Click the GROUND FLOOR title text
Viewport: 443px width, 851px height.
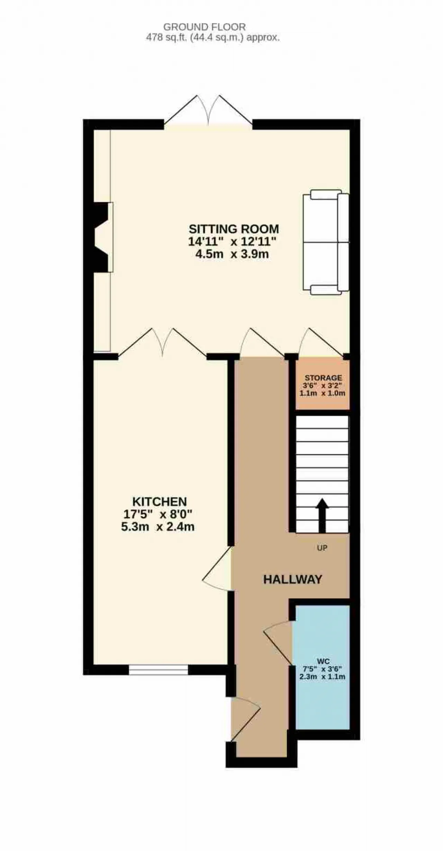click(x=205, y=27)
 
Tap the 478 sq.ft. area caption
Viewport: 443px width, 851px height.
click(x=213, y=38)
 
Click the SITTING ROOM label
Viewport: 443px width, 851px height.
click(x=234, y=229)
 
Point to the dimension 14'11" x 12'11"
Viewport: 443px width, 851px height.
click(x=233, y=241)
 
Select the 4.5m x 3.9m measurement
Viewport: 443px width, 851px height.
click(x=232, y=254)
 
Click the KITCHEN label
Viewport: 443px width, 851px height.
click(x=160, y=502)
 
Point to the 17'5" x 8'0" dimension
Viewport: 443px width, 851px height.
click(x=158, y=514)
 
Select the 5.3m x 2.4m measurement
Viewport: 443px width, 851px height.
click(x=158, y=527)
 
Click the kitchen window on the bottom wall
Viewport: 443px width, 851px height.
click(x=159, y=670)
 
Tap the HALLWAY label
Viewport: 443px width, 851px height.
click(x=293, y=580)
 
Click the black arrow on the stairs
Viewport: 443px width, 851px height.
click(x=322, y=516)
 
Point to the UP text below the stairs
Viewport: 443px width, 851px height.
click(x=322, y=548)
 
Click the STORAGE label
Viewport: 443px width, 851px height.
click(x=323, y=378)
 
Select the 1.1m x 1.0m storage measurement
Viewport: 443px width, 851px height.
click(x=323, y=393)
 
